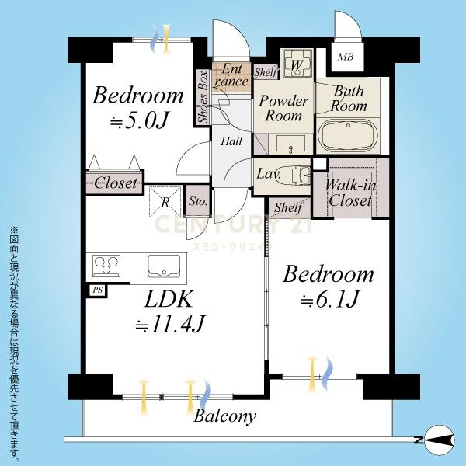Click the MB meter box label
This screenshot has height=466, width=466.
coord(346,57)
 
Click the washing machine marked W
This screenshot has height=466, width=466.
coord(297,64)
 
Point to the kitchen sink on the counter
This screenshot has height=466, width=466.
coord(164,266)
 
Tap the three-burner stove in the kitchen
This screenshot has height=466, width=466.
coord(106,266)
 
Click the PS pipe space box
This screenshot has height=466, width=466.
coord(98,290)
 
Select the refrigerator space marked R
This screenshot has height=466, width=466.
coord(165,201)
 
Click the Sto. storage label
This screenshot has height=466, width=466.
coord(198,201)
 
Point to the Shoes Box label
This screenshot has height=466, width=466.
coord(203,97)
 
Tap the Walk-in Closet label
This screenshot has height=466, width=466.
coord(350,193)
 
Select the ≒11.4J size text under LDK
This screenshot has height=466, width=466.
coord(170,324)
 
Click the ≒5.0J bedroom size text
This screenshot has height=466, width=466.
coord(139,120)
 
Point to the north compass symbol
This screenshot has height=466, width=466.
coord(439,440)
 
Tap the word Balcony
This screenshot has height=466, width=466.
coord(224,416)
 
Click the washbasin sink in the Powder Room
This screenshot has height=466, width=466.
coord(290,144)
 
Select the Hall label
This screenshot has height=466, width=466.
coord(231,141)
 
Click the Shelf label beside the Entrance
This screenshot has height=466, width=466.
coord(266,72)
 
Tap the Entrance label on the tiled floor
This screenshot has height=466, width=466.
coord(231,75)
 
